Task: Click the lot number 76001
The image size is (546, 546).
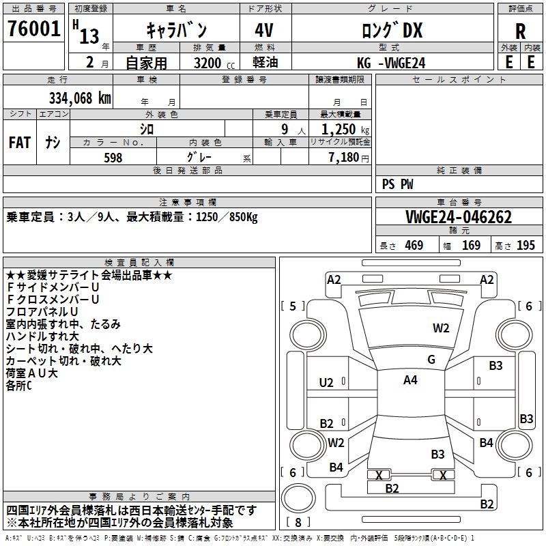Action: tap(33, 30)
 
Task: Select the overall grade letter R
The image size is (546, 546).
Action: tap(520, 31)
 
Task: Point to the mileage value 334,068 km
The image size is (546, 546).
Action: tap(79, 98)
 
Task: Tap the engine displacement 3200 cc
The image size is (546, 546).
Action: tap(208, 63)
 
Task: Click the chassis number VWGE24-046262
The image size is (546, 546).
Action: tap(459, 217)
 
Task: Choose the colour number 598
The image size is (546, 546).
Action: tap(113, 158)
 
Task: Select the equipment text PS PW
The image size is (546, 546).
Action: tap(397, 184)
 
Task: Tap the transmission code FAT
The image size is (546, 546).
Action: tap(19, 143)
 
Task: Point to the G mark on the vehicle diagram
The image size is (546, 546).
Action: tap(431, 360)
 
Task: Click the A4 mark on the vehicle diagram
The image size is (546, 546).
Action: tap(410, 380)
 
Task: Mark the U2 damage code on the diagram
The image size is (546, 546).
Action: tap(327, 383)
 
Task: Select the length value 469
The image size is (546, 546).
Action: tap(414, 246)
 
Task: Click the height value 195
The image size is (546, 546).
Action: tap(526, 246)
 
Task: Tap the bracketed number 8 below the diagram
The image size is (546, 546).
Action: tap(299, 522)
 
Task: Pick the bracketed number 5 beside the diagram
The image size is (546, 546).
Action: tap(293, 306)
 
